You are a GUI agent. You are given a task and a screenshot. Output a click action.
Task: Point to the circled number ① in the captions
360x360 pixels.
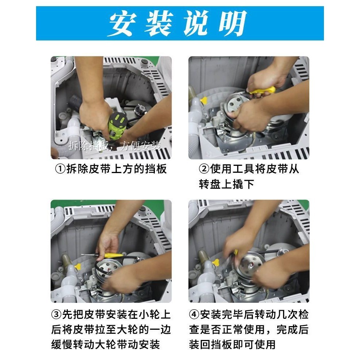(x=60, y=169)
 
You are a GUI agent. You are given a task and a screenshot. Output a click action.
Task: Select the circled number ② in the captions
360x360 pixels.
(x=204, y=169)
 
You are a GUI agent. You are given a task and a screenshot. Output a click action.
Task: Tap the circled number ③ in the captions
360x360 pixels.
(x=56, y=314)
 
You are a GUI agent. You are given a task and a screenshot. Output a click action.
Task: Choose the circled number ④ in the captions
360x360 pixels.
(x=194, y=314)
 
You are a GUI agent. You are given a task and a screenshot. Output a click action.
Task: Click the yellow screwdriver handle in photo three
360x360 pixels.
(x=113, y=255)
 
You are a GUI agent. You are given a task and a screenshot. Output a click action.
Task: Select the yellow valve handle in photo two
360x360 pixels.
(x=204, y=100)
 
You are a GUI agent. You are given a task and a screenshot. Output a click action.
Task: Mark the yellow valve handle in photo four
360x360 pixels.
(x=216, y=262)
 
